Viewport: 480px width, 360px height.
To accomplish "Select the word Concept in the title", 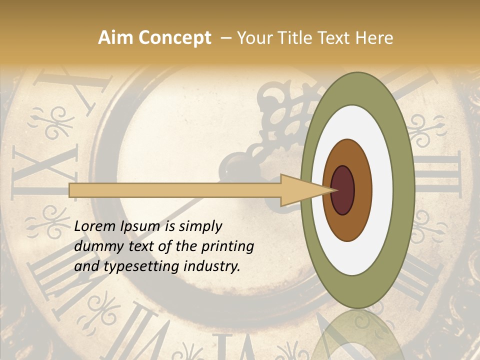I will [174, 38].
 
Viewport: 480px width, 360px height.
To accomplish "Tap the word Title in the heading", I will [298, 38].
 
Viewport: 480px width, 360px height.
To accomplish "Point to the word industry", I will [211, 266].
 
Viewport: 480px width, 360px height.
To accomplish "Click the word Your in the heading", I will [254, 38].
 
